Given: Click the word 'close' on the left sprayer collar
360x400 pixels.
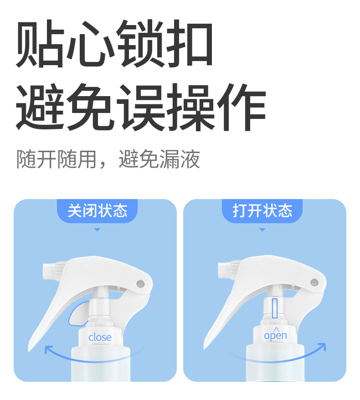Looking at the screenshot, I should tap(100, 337).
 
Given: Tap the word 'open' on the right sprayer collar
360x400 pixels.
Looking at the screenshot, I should tap(276, 336).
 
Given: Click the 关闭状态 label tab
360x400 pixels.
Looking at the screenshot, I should tap(97, 211).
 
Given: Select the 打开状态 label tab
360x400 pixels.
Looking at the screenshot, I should tap(262, 211).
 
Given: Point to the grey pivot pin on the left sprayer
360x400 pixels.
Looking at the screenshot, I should tap(140, 283).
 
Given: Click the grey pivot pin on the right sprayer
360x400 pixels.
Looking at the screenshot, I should tap(314, 282).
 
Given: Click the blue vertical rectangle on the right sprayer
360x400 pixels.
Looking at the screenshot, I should tap(274, 309).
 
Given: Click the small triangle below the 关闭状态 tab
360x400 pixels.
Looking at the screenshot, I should tap(97, 230).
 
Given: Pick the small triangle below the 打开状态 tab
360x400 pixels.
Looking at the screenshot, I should tap(262, 230).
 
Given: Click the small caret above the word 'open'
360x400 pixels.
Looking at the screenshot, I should tap(275, 328).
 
